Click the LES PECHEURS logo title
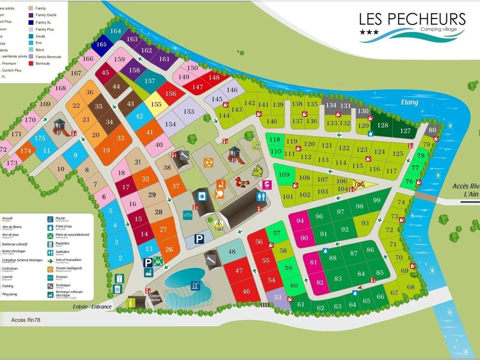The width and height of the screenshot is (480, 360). tap(412, 19)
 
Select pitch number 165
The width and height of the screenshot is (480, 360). tap(102, 45)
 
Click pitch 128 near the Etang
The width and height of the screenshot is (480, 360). tap(383, 125)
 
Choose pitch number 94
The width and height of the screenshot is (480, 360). tap(300, 221)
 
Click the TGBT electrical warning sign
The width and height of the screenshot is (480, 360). tap(218, 225)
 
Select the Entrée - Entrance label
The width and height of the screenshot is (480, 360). tap(92, 307)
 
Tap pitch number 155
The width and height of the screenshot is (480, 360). tap(156, 105)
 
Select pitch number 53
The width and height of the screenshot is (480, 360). tap(278, 298)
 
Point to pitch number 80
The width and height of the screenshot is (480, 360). tap(432, 130)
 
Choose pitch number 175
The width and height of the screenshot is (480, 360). tap(40, 138)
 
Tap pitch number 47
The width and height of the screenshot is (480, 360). tap(239, 270)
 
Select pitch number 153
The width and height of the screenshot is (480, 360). tap(188, 112)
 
